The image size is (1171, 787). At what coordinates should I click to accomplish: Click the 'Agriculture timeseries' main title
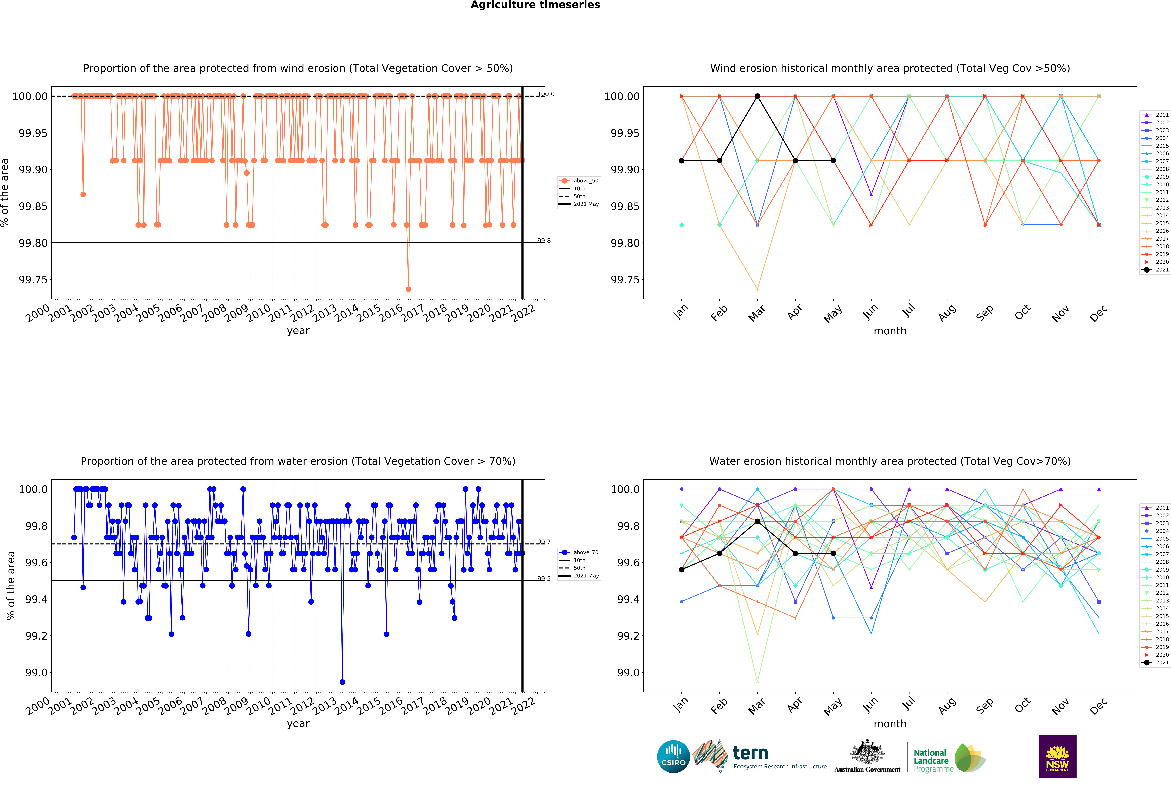tap(535, 5)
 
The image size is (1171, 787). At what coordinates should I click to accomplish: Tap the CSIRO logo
tap(673, 756)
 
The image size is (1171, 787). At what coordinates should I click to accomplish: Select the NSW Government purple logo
tap(1057, 756)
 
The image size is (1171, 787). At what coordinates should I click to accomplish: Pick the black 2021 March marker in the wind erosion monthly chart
tap(757, 96)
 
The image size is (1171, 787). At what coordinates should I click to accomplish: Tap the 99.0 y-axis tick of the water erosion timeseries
tap(36, 673)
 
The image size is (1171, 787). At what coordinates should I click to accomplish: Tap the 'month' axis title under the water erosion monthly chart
tap(890, 724)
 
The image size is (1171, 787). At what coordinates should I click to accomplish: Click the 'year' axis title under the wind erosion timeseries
tap(298, 331)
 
